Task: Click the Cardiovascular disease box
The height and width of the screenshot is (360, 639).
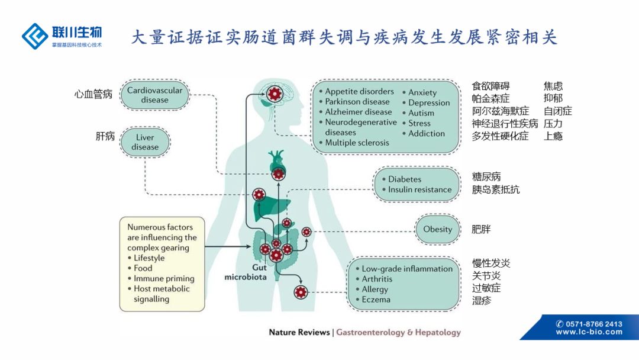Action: [154, 95]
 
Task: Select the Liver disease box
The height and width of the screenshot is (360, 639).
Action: [145, 142]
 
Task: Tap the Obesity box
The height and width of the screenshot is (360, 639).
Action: [438, 230]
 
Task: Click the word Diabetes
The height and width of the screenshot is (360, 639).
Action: [405, 179]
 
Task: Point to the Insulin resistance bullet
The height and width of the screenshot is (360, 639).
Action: [419, 189]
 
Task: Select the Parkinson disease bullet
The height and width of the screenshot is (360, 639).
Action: [357, 101]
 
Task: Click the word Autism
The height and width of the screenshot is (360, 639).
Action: [421, 112]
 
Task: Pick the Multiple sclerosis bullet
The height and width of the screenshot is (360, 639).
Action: [357, 143]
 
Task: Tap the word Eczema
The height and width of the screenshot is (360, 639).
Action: [376, 300]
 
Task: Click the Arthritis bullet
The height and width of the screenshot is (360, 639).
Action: [377, 279]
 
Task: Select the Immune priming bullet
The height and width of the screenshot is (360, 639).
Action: [164, 278]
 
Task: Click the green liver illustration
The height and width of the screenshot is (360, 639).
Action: [272, 204]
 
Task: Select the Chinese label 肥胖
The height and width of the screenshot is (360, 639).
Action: [481, 230]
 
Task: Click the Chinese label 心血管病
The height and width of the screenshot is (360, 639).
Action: [93, 94]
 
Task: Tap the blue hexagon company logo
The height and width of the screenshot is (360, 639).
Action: [34, 36]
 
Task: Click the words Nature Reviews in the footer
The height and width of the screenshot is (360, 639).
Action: [299, 332]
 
